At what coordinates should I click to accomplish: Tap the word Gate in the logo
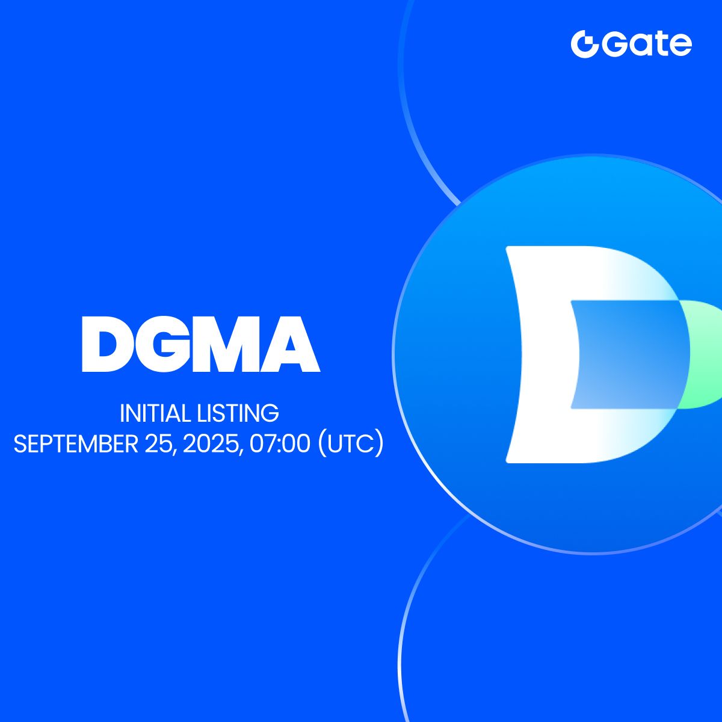click(647, 45)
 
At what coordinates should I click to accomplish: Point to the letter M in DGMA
click(231, 344)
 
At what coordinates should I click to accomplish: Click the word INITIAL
click(155, 413)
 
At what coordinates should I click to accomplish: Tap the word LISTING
click(238, 413)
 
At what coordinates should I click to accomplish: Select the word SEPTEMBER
click(76, 444)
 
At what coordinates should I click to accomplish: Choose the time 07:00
click(280, 444)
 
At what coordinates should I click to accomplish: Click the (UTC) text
click(351, 444)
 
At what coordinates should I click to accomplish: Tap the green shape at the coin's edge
click(705, 354)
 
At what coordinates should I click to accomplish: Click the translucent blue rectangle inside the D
click(630, 354)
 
